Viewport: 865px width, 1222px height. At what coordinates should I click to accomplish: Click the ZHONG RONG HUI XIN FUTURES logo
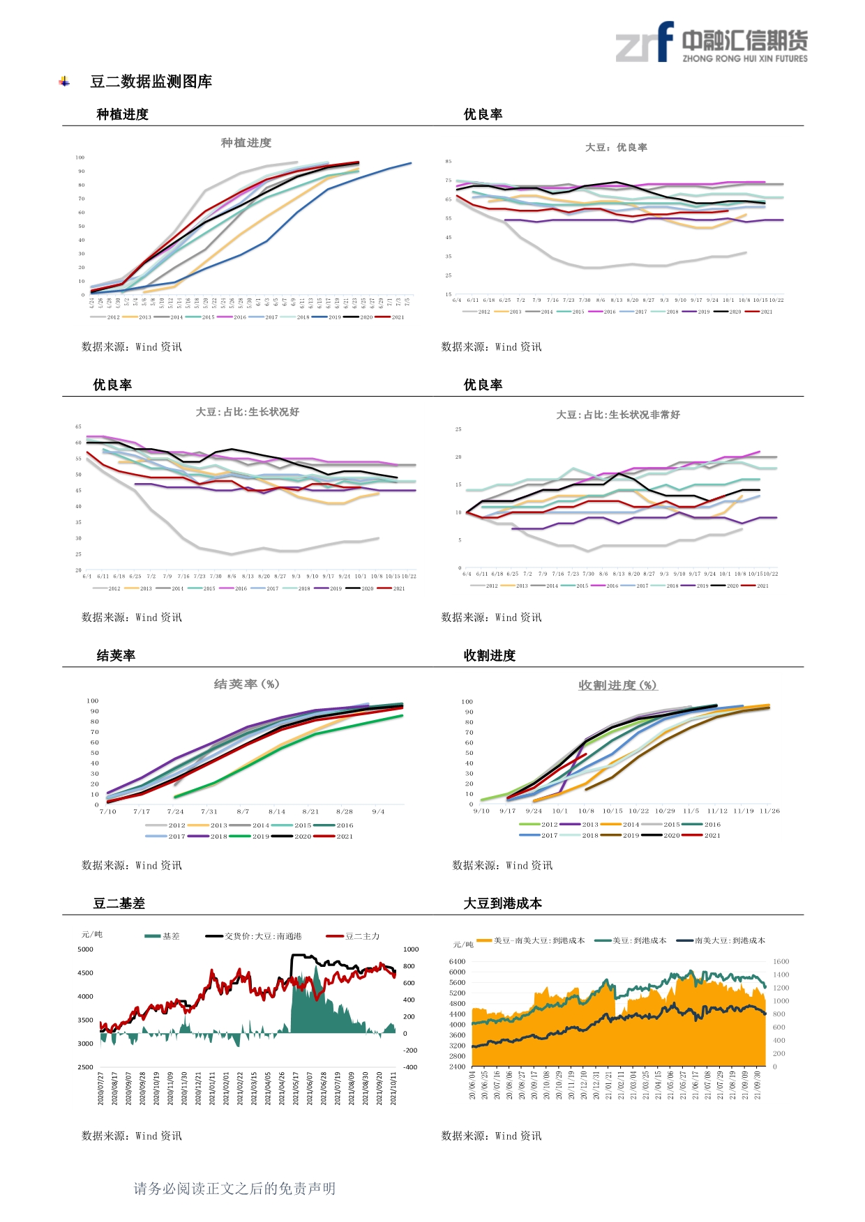pyautogui.click(x=711, y=43)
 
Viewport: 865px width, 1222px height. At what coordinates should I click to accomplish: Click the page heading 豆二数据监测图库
pyautogui.click(x=151, y=82)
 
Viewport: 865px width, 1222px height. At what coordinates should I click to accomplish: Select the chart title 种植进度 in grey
pyautogui.click(x=246, y=143)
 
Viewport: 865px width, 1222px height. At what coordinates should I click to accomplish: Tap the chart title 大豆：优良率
pyautogui.click(x=616, y=148)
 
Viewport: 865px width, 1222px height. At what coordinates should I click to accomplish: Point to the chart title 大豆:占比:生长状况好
pyautogui.click(x=248, y=412)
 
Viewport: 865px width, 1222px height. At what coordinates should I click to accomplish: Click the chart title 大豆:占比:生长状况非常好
pyautogui.click(x=618, y=415)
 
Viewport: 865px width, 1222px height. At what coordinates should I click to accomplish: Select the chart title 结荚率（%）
pyautogui.click(x=246, y=684)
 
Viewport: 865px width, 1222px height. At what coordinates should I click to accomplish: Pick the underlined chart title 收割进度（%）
pyautogui.click(x=617, y=685)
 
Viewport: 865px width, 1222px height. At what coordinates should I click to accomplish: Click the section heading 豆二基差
pyautogui.click(x=119, y=903)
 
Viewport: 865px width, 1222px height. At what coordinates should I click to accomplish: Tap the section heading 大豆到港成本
pyautogui.click(x=503, y=903)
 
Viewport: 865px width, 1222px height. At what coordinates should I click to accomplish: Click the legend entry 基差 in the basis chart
pyautogui.click(x=163, y=936)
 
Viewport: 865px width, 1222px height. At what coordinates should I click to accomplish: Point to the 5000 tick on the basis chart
pyautogui.click(x=85, y=949)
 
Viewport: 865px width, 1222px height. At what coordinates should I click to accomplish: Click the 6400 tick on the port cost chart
pyautogui.click(x=457, y=961)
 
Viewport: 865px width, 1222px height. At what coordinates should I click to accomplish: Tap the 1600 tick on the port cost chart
pyautogui.click(x=781, y=961)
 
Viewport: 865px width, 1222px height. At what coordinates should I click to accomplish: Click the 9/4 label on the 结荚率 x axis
pyautogui.click(x=378, y=811)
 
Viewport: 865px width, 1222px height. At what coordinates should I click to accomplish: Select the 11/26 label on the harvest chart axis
pyautogui.click(x=769, y=811)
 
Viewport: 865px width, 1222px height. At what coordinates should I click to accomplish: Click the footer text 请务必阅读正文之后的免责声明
pyautogui.click(x=234, y=1189)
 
